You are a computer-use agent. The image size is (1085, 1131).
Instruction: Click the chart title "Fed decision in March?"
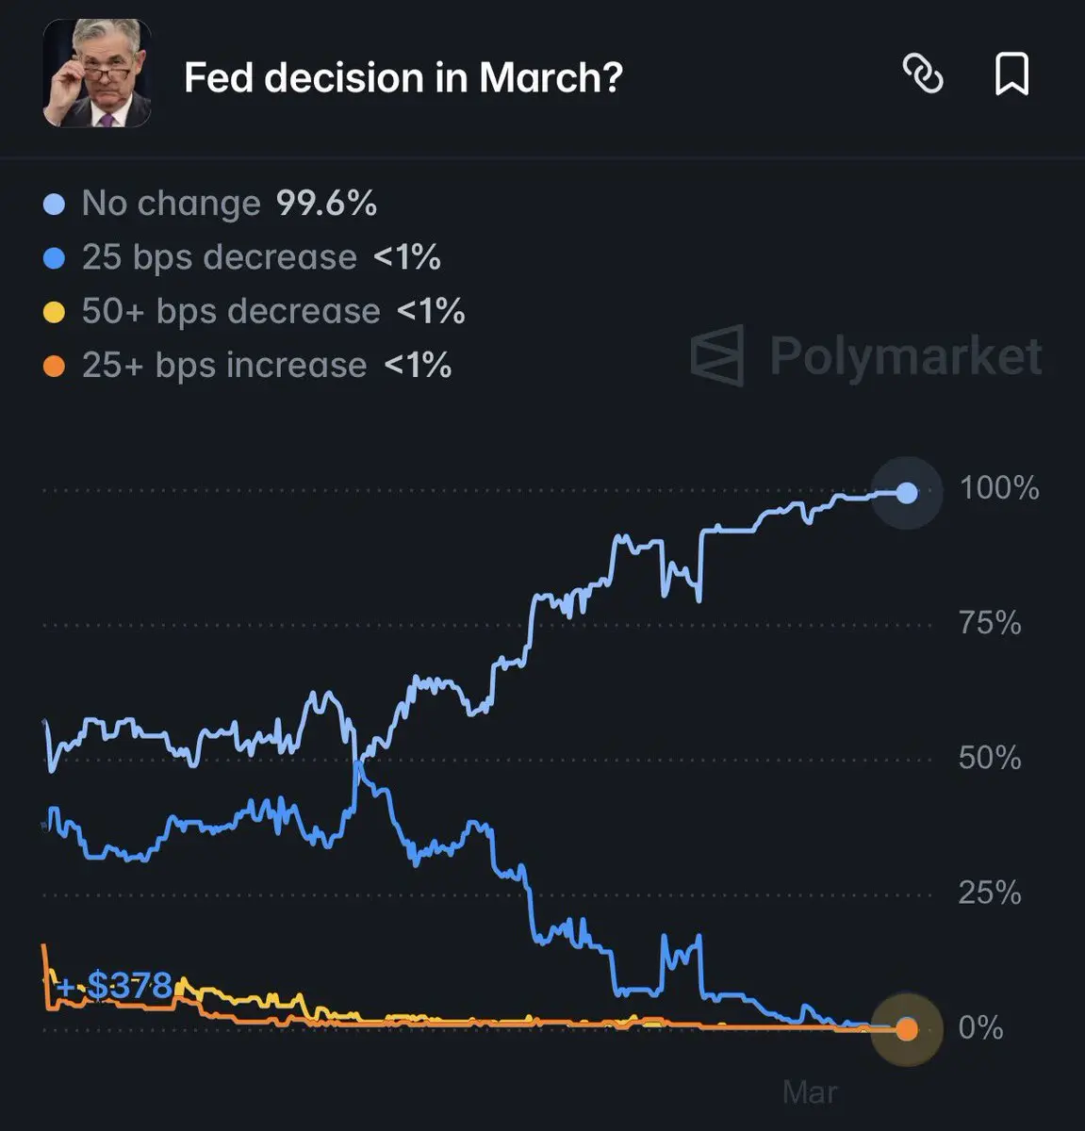tap(403, 77)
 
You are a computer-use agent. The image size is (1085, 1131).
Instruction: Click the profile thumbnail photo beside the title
tap(97, 73)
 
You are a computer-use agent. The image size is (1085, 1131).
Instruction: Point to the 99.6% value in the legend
tap(326, 203)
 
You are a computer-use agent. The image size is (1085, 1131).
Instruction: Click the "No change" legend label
tap(171, 203)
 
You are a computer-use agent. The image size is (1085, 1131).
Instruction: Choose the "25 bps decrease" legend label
tap(219, 257)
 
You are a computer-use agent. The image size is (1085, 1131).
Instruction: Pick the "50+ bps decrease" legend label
tap(231, 311)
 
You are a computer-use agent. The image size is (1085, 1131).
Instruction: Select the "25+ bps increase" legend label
tap(224, 365)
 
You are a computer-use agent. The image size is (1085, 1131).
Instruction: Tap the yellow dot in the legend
tap(55, 312)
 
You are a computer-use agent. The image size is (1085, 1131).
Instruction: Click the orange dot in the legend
tap(55, 366)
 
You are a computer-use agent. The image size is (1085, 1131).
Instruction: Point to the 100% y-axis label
tap(998, 488)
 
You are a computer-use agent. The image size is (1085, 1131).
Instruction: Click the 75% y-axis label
tap(990, 623)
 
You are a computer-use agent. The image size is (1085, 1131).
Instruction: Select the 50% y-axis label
tap(990, 758)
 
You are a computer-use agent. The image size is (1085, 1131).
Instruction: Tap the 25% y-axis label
tap(990, 893)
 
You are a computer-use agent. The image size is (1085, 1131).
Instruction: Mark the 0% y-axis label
tap(980, 1027)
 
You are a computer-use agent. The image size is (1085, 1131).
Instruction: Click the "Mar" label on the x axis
tap(810, 1092)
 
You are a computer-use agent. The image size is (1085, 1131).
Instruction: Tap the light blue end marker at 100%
tap(906, 492)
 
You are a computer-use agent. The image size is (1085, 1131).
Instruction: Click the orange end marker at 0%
tap(906, 1029)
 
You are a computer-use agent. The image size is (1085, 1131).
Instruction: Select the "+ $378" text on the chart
tap(115, 986)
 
